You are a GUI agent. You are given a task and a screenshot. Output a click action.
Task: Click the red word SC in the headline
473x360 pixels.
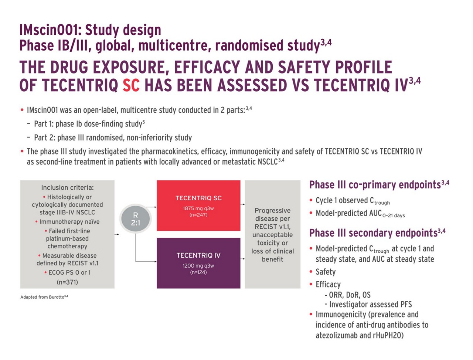pyautogui.click(x=131, y=85)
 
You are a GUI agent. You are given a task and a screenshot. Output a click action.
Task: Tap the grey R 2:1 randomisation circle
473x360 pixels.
pyautogui.click(x=135, y=219)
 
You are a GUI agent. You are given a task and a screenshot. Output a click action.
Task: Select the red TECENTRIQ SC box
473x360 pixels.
pyautogui.click(x=198, y=206)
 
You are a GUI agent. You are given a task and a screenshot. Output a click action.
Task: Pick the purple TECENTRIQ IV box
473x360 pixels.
pyautogui.click(x=198, y=263)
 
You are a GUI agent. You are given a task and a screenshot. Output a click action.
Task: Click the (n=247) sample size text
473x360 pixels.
pyautogui.click(x=198, y=215)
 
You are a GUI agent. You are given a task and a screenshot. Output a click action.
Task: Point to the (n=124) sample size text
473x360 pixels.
pyautogui.click(x=198, y=272)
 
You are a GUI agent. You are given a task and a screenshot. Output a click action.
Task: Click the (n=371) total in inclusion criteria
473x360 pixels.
pyautogui.click(x=67, y=282)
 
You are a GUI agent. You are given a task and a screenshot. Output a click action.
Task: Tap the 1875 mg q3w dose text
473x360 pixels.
pyautogui.click(x=198, y=208)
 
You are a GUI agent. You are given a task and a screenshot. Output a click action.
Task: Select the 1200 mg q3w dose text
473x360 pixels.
pyautogui.click(x=198, y=266)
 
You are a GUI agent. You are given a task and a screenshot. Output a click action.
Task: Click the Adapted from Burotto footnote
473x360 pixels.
pyautogui.click(x=44, y=297)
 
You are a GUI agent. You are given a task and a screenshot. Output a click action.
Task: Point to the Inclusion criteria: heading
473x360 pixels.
pyautogui.click(x=68, y=188)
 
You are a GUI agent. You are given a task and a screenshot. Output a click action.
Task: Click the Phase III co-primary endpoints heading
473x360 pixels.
pyautogui.click(x=379, y=185)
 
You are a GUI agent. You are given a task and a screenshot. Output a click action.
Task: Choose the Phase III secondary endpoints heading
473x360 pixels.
pyautogui.click(x=377, y=233)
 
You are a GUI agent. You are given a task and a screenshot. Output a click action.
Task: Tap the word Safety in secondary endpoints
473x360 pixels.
pyautogui.click(x=326, y=272)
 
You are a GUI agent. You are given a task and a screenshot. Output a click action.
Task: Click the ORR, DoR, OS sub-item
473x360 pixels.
pyautogui.click(x=348, y=295)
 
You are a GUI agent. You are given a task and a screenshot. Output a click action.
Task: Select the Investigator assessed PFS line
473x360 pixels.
pyautogui.click(x=368, y=305)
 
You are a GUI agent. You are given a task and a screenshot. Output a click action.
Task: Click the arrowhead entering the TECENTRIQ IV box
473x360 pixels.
pyautogui.click(x=155, y=262)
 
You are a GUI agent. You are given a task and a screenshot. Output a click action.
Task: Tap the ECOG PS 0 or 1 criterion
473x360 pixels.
pyautogui.click(x=68, y=272)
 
